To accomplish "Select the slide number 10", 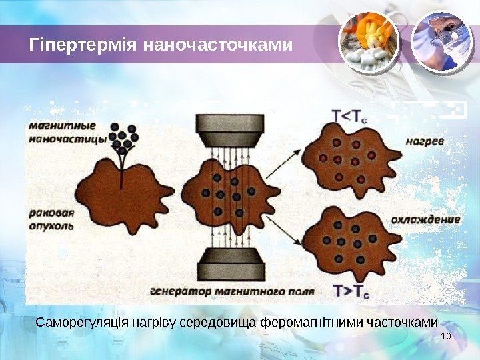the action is [x=446, y=335].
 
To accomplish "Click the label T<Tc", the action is [x=350, y=117].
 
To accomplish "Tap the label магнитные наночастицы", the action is [x=67, y=132].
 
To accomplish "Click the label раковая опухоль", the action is [x=52, y=220].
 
